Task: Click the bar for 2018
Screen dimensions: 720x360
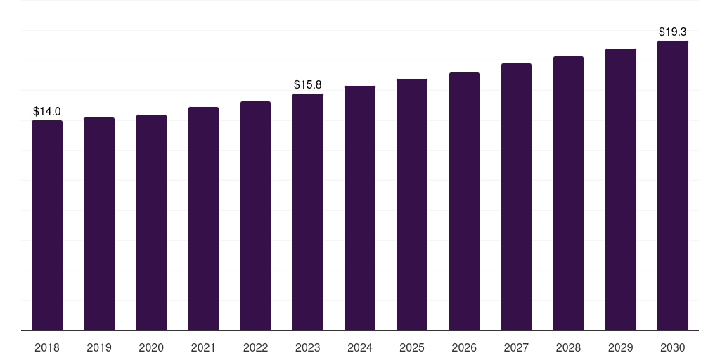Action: pyautogui.click(x=47, y=226)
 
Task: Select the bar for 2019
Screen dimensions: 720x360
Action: pyautogui.click(x=99, y=224)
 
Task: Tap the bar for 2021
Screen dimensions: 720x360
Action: pyautogui.click(x=203, y=219)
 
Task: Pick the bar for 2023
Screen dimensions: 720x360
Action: pyautogui.click(x=308, y=212)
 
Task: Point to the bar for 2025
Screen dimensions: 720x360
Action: pyautogui.click(x=412, y=205)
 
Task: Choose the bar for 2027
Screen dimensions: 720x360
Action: pyautogui.click(x=516, y=197)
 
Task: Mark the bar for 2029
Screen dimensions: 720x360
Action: pyautogui.click(x=621, y=190)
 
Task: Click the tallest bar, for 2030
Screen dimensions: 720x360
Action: pyautogui.click(x=673, y=186)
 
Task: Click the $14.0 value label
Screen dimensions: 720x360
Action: pyautogui.click(x=47, y=112)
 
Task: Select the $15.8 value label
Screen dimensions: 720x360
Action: pyautogui.click(x=308, y=85)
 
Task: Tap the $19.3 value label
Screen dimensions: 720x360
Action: pyautogui.click(x=673, y=32)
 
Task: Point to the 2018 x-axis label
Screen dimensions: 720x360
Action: pyautogui.click(x=47, y=348)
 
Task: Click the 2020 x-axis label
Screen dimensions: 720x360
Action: pyautogui.click(x=151, y=348)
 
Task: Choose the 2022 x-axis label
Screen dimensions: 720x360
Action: pyautogui.click(x=255, y=348)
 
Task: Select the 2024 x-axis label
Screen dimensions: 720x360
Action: pyautogui.click(x=360, y=348)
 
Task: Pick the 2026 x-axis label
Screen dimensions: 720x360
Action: pyautogui.click(x=464, y=348)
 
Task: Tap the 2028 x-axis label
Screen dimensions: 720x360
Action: pyautogui.click(x=568, y=348)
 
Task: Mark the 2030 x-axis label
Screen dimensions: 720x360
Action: pyautogui.click(x=673, y=348)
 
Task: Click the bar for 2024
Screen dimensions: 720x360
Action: pyautogui.click(x=360, y=208)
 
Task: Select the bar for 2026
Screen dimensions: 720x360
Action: pyautogui.click(x=464, y=202)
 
